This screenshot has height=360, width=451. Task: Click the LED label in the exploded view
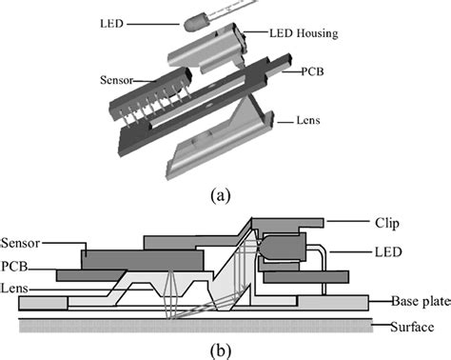(111, 24)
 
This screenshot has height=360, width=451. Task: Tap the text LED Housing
(304, 33)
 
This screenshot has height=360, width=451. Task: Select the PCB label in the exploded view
(312, 71)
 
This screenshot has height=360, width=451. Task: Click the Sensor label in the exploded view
(117, 80)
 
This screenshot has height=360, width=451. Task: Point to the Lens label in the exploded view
(308, 120)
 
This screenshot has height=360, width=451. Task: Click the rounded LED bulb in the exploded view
(194, 23)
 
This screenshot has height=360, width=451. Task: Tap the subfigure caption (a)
(221, 195)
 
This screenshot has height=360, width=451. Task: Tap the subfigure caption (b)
(221, 350)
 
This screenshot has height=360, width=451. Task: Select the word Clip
(387, 224)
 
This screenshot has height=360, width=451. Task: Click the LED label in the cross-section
(388, 252)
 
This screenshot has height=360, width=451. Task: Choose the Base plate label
(421, 301)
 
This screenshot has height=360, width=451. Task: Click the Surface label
(412, 327)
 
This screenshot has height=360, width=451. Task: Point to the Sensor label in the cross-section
(21, 243)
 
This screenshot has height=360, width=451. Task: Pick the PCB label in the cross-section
(14, 266)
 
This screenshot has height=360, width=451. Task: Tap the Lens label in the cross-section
(14, 289)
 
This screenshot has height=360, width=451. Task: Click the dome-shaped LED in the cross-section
(282, 248)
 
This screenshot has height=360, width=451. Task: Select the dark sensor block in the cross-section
(143, 260)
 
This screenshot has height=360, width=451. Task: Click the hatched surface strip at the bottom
(196, 326)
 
